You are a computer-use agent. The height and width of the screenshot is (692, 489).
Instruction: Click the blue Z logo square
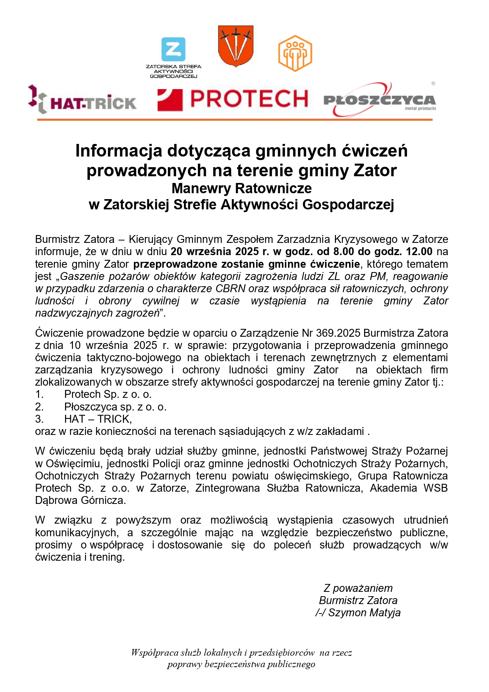[x=173, y=50]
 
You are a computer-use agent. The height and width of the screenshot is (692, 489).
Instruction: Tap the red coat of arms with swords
[x=236, y=46]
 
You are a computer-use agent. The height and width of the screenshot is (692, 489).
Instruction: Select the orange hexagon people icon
[x=295, y=53]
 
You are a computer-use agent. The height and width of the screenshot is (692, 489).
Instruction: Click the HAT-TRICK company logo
[x=83, y=100]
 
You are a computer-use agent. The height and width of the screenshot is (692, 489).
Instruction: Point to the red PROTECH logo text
[x=249, y=99]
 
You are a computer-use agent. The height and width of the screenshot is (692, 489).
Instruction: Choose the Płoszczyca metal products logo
[x=379, y=100]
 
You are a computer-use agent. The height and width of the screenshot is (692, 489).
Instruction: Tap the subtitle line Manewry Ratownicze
[x=242, y=188]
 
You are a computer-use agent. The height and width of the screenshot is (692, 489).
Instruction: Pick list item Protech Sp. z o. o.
[x=108, y=394]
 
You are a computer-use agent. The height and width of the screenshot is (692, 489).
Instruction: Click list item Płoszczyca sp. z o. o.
[x=115, y=407]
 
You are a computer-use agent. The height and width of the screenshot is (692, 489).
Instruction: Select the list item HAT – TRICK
[x=98, y=419]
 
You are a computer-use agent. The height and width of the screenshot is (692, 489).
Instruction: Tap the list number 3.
[x=39, y=419]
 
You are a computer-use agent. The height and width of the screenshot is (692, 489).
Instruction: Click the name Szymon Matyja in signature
[x=364, y=612]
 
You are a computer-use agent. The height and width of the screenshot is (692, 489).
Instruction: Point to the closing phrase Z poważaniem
[x=358, y=588]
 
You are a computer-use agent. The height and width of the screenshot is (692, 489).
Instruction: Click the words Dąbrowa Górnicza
[x=80, y=500]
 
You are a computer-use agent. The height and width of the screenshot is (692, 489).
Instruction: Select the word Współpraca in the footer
[x=155, y=653]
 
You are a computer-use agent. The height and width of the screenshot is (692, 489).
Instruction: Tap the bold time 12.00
[x=419, y=251]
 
